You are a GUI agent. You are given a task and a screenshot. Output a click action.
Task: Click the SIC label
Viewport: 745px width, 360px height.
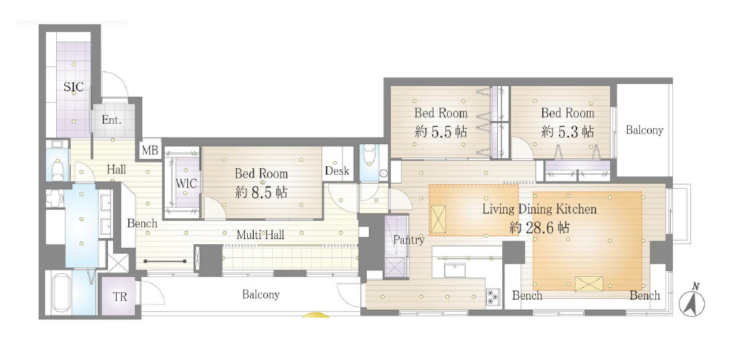point(74,87)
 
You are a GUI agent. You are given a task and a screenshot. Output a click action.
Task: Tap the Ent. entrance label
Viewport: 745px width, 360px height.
point(112,120)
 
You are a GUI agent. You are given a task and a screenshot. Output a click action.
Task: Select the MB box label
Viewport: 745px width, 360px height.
point(151,151)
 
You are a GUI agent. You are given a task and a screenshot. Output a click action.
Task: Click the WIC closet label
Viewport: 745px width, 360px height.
point(186,183)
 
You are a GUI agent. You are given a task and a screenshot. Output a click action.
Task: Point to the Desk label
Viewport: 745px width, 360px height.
point(338,171)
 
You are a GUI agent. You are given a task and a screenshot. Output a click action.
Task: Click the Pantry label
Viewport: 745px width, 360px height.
point(409,240)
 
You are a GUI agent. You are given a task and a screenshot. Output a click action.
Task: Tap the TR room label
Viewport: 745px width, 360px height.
point(120,297)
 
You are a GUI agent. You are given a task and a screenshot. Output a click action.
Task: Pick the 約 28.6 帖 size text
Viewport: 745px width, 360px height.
point(539,228)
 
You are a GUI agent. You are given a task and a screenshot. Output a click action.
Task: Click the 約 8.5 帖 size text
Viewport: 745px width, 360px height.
point(261,192)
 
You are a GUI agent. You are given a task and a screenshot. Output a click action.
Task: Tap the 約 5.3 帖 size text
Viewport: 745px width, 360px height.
point(567,132)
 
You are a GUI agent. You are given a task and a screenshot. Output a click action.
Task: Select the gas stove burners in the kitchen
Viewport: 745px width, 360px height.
point(492,297)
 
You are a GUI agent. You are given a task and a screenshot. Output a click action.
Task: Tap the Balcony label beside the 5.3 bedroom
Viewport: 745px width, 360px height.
point(644,130)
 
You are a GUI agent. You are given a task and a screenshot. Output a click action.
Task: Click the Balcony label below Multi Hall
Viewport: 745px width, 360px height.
point(261,295)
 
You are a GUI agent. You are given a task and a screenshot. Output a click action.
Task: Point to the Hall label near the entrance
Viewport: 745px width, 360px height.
point(117,169)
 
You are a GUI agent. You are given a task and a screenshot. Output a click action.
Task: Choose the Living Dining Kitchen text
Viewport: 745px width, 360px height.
point(539,209)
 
